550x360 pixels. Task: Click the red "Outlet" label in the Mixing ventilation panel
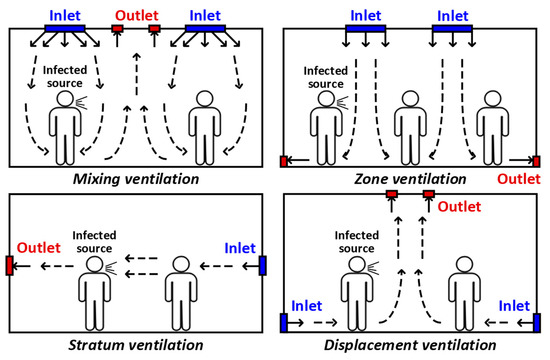click(136, 15)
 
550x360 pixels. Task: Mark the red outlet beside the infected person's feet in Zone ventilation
click(285, 160)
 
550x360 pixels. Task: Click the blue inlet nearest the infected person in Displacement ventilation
click(285, 323)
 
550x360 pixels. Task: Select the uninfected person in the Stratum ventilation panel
click(180, 290)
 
